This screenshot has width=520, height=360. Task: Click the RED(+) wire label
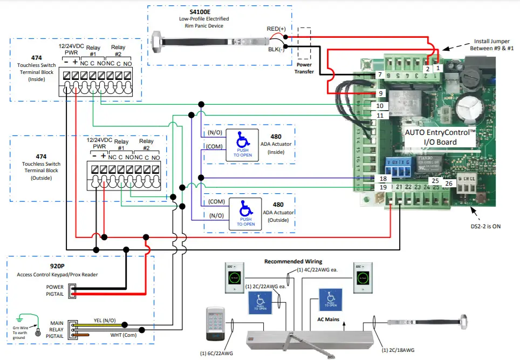coord(276,29)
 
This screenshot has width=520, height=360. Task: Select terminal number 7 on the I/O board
coord(379,74)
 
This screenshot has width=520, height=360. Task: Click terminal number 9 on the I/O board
coord(379,93)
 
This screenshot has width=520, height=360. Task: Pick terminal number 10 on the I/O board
coord(380,106)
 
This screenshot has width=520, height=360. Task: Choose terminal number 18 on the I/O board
coord(382,179)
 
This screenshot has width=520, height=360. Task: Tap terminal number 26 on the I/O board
coord(449,184)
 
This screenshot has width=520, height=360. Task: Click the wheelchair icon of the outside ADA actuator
coord(246,208)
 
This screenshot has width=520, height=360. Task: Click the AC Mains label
coord(327,319)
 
